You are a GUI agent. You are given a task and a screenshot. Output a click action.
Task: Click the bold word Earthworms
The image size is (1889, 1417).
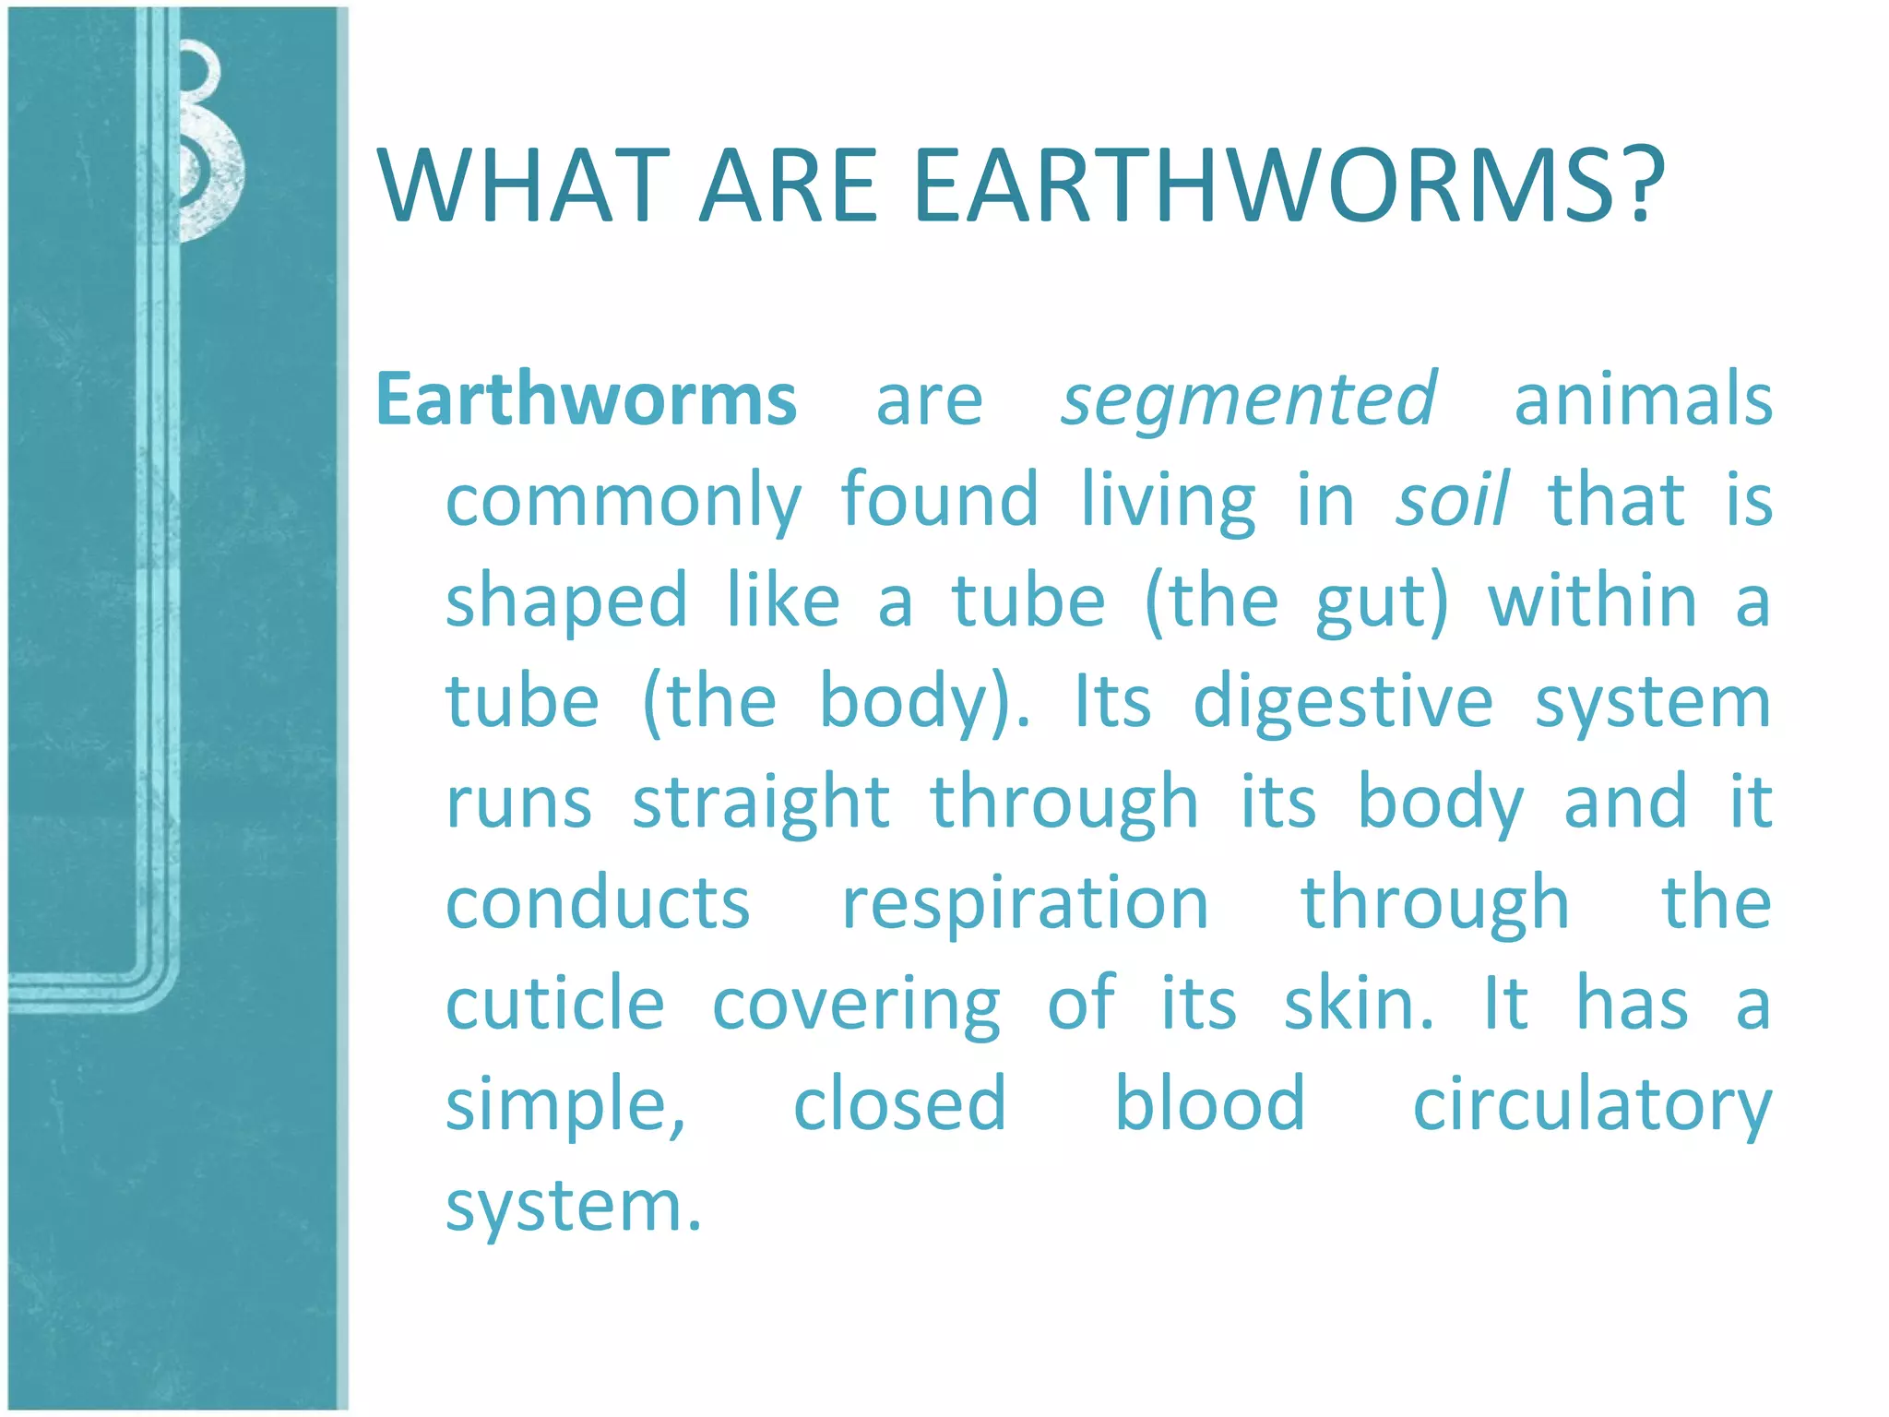[587, 399]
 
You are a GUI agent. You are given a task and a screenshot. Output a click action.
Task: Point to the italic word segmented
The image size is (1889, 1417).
[1248, 399]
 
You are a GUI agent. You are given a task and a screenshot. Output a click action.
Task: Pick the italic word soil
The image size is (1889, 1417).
[1452, 500]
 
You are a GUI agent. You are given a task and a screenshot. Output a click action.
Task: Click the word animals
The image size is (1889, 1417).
[1643, 399]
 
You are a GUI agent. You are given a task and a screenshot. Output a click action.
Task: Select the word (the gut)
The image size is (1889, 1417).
[1296, 602]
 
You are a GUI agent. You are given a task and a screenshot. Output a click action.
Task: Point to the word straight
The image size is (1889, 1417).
[761, 804]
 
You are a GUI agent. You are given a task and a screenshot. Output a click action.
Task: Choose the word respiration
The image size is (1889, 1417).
[1025, 904]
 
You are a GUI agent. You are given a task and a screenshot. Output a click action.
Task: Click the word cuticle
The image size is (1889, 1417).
[555, 1004]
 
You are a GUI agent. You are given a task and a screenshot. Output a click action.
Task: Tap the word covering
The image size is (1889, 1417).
[856, 1006]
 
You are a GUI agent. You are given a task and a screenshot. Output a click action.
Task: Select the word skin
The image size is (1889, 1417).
[1358, 1004]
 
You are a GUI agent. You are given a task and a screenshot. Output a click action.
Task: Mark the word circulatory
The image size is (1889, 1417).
[1592, 1105]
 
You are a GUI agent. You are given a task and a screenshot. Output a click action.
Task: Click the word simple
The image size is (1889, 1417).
[564, 1105]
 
